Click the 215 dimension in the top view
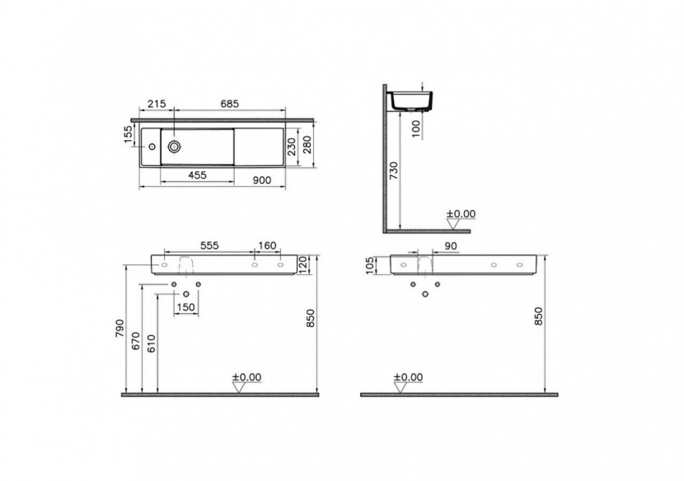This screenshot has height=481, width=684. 157,103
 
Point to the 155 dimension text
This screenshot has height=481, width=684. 129,134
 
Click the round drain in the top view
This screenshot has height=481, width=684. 175,147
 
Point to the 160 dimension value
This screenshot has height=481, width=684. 267,245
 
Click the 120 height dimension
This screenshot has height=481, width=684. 302,263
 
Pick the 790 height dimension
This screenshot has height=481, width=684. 119,328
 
